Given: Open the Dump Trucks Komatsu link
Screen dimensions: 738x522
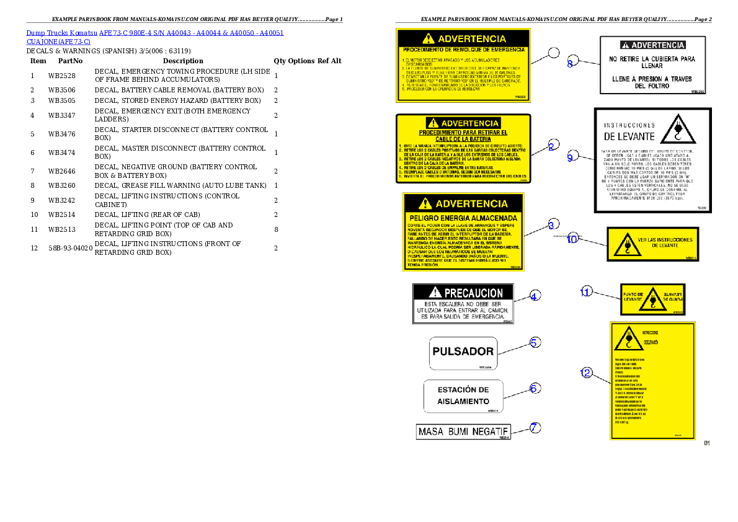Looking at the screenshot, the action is [155, 33].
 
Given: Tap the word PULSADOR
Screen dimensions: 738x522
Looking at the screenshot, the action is [463, 351].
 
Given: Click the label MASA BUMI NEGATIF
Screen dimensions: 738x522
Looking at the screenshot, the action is [463, 431].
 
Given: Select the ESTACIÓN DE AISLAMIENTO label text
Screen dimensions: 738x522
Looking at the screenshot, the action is [463, 396].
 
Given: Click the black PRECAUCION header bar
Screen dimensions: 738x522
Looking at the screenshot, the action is [466, 292].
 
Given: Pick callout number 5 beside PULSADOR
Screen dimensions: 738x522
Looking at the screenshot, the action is [535, 342].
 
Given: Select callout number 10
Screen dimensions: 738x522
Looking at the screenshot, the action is [572, 239].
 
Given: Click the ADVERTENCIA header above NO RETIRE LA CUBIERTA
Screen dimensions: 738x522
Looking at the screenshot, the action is [652, 45].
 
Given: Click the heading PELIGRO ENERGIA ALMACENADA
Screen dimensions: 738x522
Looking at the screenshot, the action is [463, 218].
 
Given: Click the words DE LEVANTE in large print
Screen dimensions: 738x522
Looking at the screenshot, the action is [629, 136].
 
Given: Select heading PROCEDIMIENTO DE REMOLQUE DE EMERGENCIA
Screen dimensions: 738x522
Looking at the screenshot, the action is [463, 49].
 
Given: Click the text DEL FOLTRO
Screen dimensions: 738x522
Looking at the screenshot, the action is [652, 86].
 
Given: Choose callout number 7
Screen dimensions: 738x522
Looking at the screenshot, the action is [535, 427].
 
